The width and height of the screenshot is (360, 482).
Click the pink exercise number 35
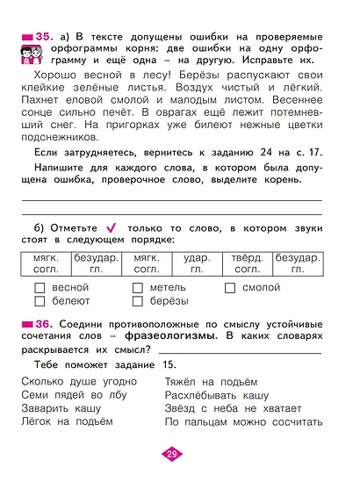pos(41,35)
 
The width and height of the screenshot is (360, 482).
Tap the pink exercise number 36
pos(41,325)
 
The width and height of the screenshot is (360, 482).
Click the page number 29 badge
pos(173,454)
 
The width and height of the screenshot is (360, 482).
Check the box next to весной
pos(38,288)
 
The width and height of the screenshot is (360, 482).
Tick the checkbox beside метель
pos(136,288)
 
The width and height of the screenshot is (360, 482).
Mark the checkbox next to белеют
pos(38,303)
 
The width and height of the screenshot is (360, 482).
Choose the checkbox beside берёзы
pos(136,303)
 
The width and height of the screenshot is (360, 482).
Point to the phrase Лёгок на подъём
pos(66,422)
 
